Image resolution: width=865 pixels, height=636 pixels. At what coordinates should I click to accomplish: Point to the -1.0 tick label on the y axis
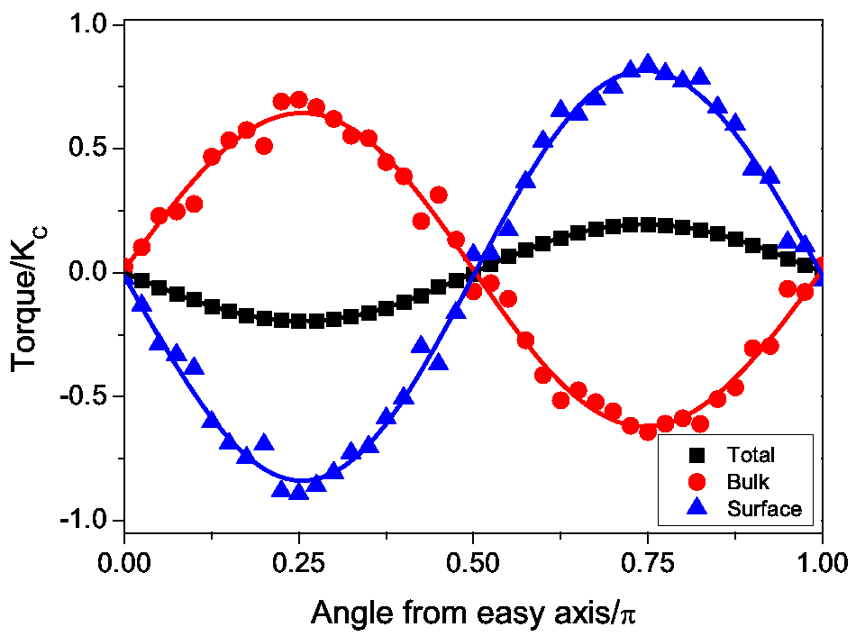82,521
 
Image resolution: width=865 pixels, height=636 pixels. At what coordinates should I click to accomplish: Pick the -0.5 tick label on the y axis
82,397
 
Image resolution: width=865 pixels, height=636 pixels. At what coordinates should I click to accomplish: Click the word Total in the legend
751,456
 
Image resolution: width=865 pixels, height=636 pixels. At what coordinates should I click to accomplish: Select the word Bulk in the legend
747,482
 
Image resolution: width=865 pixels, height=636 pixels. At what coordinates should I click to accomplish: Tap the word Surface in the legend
763,509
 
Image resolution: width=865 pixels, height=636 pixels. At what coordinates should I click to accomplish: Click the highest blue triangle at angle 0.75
647,64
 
